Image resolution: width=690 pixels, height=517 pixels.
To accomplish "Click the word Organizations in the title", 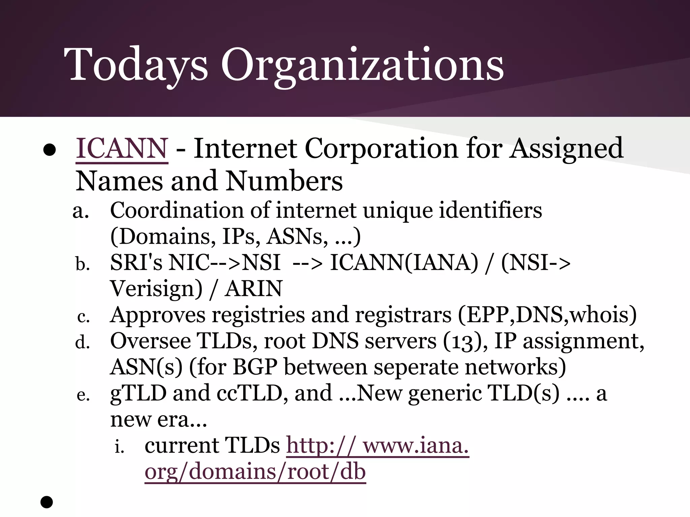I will (362, 65).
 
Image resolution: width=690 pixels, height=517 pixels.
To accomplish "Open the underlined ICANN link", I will (122, 148).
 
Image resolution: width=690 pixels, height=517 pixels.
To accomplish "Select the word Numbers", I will (284, 181).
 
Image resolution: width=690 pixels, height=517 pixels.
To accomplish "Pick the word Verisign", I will (156, 289).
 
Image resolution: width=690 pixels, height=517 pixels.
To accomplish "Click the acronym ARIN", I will (253, 289).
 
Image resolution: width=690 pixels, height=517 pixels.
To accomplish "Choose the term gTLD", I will (138, 393).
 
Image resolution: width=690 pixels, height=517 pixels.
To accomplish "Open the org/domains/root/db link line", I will (255, 472).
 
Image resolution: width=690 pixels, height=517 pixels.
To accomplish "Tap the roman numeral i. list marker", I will (119, 447).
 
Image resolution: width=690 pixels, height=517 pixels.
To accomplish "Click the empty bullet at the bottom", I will (47, 502).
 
